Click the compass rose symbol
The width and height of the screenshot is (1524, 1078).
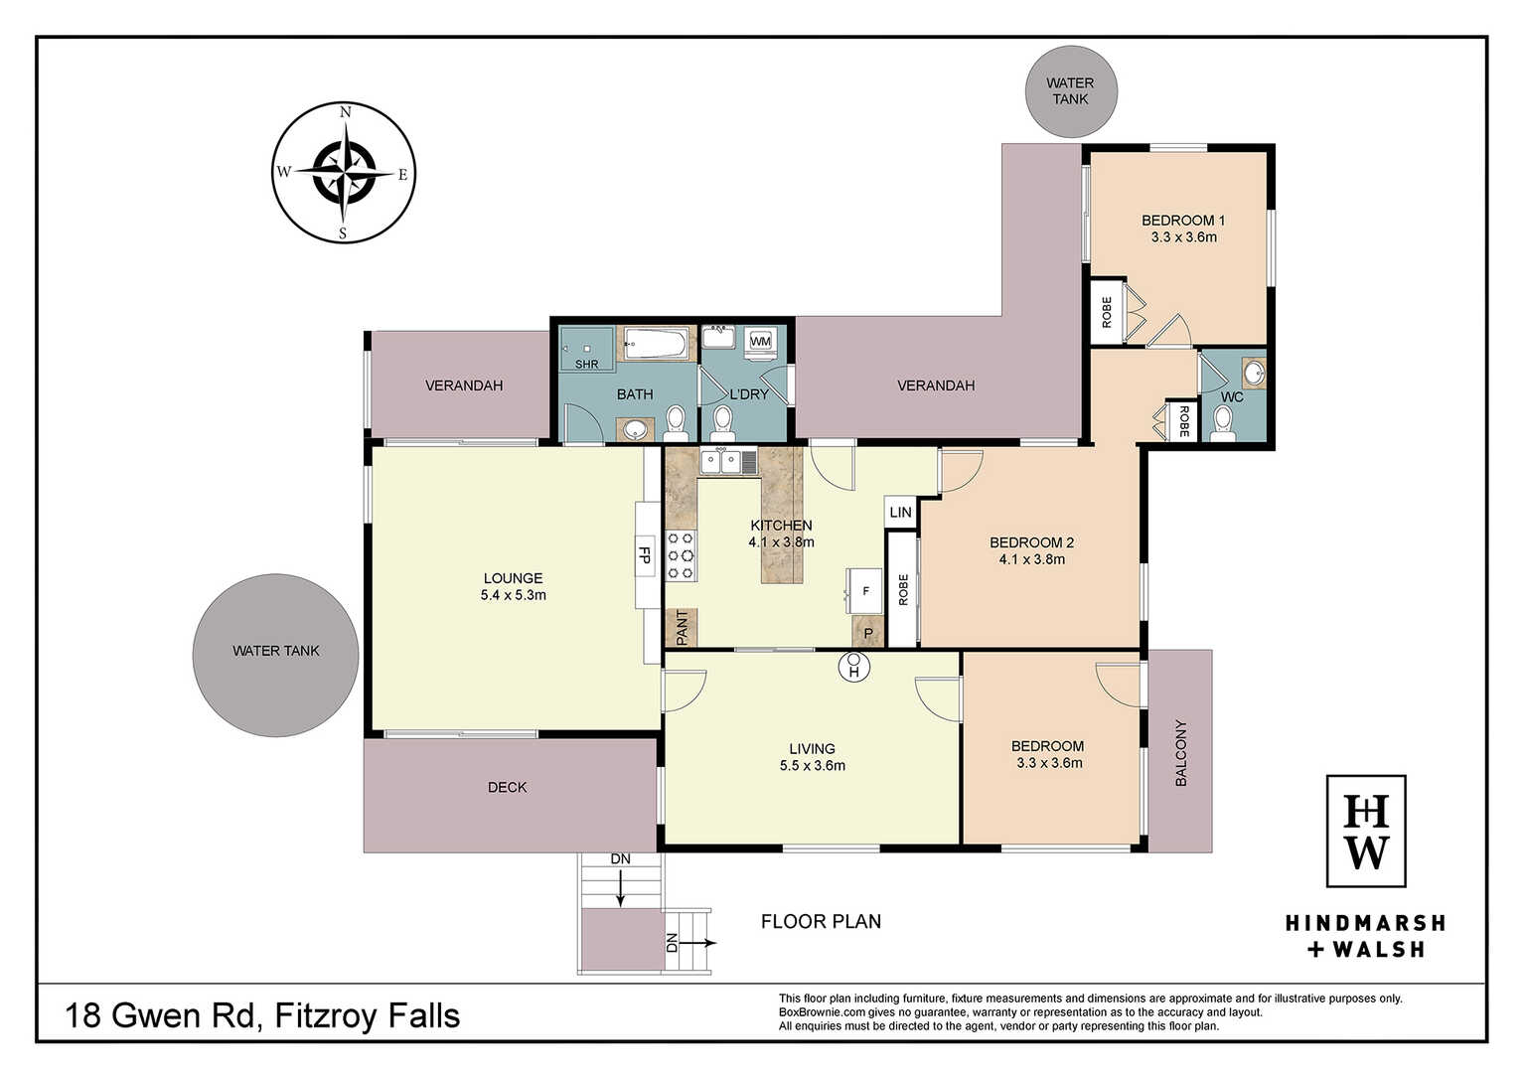point(344,173)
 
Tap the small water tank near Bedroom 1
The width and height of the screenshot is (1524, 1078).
point(1071,91)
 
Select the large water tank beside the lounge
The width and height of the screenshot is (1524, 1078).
point(275,655)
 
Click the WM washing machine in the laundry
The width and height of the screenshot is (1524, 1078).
point(760,341)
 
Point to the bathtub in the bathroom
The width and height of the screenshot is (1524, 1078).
point(656,343)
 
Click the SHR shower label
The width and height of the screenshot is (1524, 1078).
point(586,364)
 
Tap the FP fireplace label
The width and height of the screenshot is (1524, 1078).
point(644,554)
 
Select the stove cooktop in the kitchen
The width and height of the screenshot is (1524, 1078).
point(681,555)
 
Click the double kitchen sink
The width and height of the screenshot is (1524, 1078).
point(721,462)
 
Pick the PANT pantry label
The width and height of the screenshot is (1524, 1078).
point(683,627)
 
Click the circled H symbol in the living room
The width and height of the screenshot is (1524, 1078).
point(854,667)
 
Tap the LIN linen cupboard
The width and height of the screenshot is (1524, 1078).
point(901,512)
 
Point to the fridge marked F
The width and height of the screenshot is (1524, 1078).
point(864,591)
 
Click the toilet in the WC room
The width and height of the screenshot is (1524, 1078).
point(1223,423)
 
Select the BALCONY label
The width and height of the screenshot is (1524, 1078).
point(1180,753)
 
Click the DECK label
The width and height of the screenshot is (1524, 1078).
point(507,788)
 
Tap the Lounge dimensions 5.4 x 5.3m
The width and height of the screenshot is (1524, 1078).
point(513,595)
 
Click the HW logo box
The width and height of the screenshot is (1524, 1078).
point(1366,831)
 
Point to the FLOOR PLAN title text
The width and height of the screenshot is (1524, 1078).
point(821,921)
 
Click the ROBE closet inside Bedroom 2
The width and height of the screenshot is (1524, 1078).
point(903,589)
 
